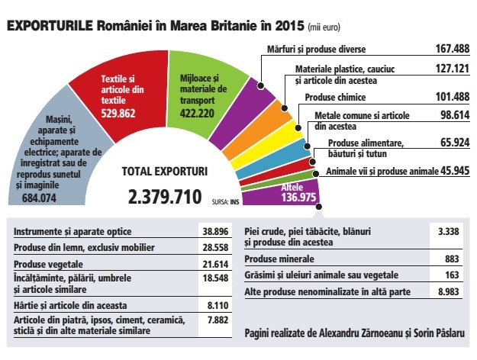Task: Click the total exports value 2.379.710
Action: pyautogui.click(x=165, y=197)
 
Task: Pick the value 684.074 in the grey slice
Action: pyautogui.click(x=39, y=198)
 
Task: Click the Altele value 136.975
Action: pyautogui.click(x=298, y=198)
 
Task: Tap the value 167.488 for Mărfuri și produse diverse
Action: pyautogui.click(x=453, y=49)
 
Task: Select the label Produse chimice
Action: pyautogui.click(x=335, y=98)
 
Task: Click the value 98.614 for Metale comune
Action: pyautogui.click(x=455, y=115)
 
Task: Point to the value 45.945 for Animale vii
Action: pyautogui.click(x=455, y=171)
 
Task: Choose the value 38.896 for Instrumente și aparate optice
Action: pyautogui.click(x=215, y=232)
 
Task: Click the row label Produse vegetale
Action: pyautogui.click(x=48, y=264)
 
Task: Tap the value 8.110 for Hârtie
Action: pyautogui.click(x=218, y=305)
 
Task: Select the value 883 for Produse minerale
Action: pyautogui.click(x=452, y=259)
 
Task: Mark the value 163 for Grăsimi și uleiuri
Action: pyautogui.click(x=452, y=275)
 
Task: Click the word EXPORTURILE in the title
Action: pyautogui.click(x=50, y=25)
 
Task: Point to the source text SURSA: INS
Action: pyautogui.click(x=225, y=201)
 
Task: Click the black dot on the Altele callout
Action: pyautogui.click(x=319, y=207)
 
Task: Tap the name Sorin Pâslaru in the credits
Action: pyautogui.click(x=439, y=333)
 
